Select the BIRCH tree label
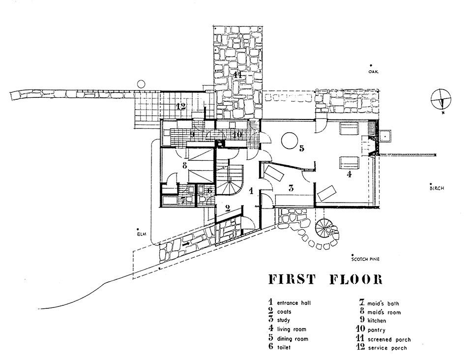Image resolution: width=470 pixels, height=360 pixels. pyautogui.click(x=437, y=187)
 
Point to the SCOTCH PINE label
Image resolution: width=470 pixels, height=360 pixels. pyautogui.click(x=365, y=258)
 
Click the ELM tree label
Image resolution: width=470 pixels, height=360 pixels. pyautogui.click(x=143, y=234)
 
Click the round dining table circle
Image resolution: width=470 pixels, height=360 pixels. pyautogui.click(x=288, y=141)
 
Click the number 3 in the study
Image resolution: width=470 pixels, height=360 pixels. pyautogui.click(x=291, y=187)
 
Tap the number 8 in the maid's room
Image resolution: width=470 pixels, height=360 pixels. pyautogui.click(x=185, y=166)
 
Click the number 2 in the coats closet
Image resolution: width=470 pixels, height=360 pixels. pyautogui.click(x=228, y=208)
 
